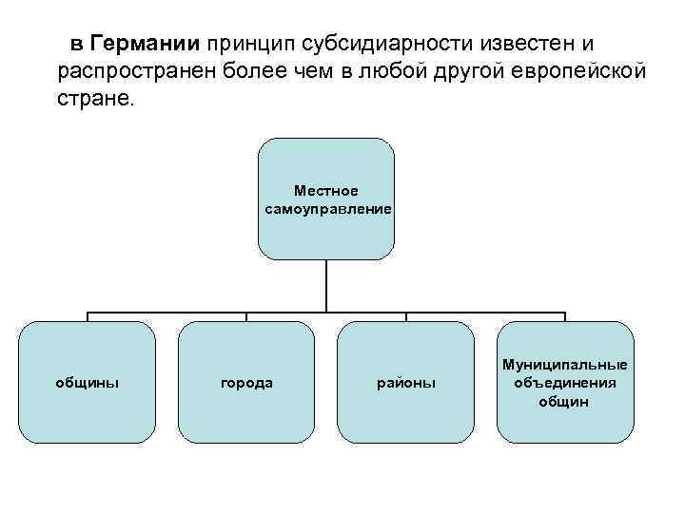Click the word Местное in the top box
point(326,191)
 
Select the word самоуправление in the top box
point(326,207)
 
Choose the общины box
point(88,382)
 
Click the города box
point(246,382)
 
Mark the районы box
point(405,382)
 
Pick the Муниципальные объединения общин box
point(564,382)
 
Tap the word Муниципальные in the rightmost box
point(564,365)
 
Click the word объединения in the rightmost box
point(564,383)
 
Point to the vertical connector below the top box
point(326,285)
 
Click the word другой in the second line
point(466,72)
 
